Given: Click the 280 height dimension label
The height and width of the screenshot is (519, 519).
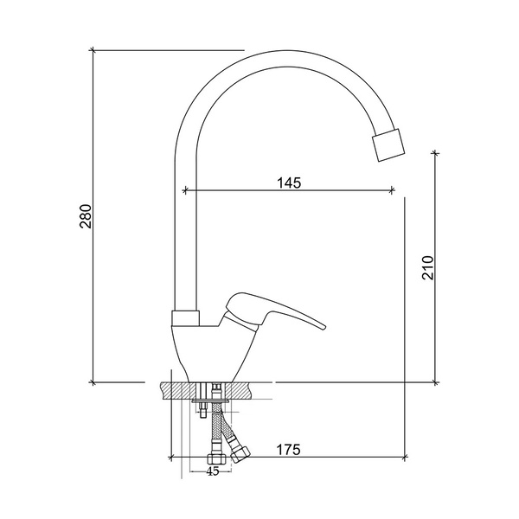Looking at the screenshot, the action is coord(86,216).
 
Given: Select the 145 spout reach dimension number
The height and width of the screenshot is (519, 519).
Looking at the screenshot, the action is coord(289,183).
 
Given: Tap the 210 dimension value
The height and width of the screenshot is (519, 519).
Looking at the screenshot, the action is coord(427,268).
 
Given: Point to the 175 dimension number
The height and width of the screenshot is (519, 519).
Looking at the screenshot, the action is coord(289,450).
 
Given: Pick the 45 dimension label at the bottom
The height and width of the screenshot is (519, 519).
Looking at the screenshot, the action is coord(213,471).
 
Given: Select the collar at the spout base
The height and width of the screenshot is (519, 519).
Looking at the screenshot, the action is coord(186,318).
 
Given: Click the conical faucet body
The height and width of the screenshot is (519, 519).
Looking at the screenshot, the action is coord(214,353).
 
